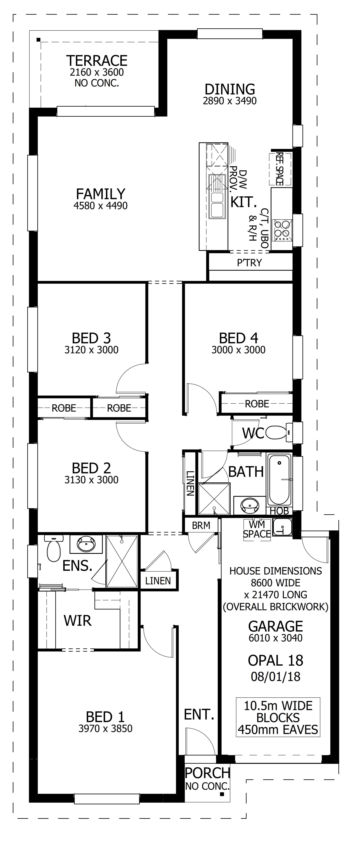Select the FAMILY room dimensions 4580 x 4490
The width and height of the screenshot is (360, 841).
pos(101,206)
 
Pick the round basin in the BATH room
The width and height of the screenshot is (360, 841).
pos(250,505)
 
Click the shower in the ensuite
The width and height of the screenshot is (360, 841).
pos(122,561)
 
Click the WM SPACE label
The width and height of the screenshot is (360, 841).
pos(257,530)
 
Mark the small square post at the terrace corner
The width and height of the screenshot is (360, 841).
pos(38,40)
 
